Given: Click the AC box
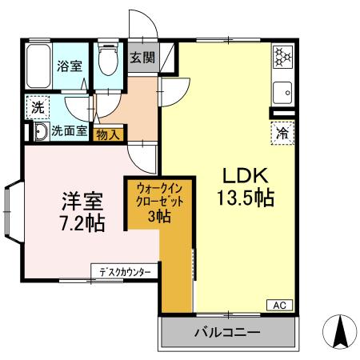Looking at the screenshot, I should click(x=280, y=305).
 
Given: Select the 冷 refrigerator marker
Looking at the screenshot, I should click(x=282, y=132).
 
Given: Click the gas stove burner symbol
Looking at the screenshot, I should click(x=282, y=58).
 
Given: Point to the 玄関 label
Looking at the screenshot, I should click(x=144, y=58).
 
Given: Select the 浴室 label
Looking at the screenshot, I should click(x=68, y=67).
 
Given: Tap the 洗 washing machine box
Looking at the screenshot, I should click(x=38, y=106).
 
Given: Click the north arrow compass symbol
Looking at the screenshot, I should click(x=337, y=330).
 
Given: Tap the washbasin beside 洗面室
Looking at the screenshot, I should click(x=38, y=132).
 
